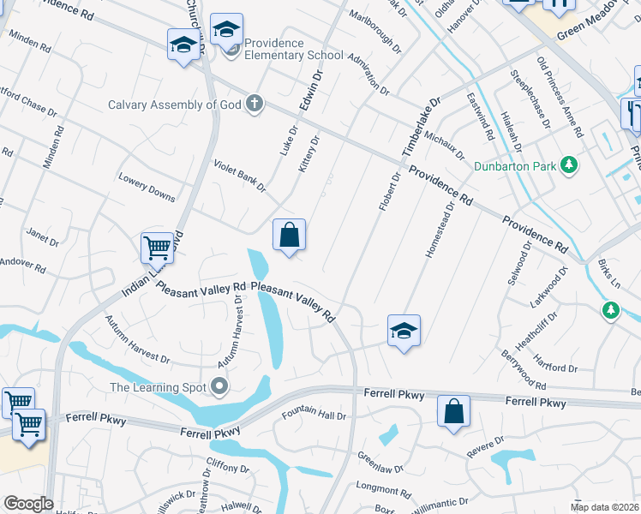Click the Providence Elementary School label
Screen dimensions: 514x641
coord(293,49)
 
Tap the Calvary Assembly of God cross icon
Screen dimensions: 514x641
coord(254,105)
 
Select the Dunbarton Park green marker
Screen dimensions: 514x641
coord(566,164)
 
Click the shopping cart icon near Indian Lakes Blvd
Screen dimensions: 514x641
coord(158,248)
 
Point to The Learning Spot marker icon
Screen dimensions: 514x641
coord(220,387)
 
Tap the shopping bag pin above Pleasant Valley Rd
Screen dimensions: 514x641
coord(290,235)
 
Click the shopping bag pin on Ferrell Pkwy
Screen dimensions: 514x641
coord(453,411)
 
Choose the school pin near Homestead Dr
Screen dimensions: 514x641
coord(404,332)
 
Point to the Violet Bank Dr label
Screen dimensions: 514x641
coord(239,175)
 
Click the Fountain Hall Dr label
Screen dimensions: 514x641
coord(314,416)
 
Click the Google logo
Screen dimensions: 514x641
coord(28,504)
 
